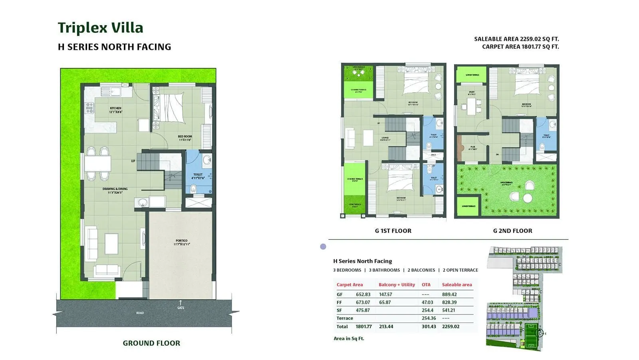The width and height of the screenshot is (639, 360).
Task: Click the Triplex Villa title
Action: [x=100, y=28]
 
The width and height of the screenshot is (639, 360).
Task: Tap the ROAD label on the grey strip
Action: [x=140, y=313]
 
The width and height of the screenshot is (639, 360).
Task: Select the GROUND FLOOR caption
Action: [x=151, y=343]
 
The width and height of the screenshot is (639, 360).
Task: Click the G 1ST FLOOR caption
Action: [x=393, y=231]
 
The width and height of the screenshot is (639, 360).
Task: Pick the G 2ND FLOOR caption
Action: [x=512, y=231]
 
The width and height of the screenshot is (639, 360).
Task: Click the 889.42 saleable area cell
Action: [x=449, y=294]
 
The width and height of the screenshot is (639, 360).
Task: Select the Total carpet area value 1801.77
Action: [x=363, y=326]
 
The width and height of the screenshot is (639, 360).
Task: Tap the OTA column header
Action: [x=426, y=284]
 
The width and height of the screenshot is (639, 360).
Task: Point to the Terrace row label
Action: [x=345, y=318]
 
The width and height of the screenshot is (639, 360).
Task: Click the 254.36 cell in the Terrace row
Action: [x=429, y=318]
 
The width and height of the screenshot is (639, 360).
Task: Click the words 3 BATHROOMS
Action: [x=384, y=270]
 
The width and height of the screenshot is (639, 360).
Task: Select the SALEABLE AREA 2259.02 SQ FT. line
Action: [x=516, y=39]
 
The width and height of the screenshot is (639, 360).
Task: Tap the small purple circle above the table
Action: [x=323, y=247]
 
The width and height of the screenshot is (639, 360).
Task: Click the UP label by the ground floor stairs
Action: [x=133, y=161]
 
